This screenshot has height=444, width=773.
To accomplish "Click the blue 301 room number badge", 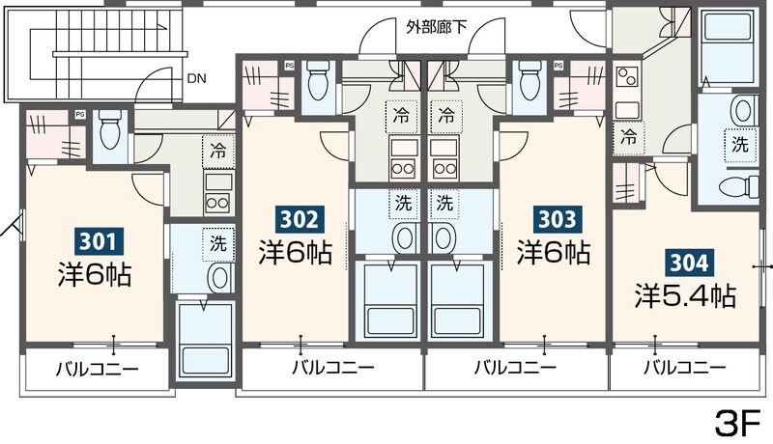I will (x=98, y=239).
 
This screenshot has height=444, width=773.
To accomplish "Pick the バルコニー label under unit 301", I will (x=97, y=368).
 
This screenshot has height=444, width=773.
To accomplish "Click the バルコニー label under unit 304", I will (x=685, y=368).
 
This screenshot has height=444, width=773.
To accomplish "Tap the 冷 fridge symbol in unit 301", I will (x=218, y=151).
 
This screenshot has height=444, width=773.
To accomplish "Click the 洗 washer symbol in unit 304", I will (x=739, y=146).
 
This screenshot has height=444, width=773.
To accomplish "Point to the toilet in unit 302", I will (x=318, y=84).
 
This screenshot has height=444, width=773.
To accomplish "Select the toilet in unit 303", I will (x=529, y=84).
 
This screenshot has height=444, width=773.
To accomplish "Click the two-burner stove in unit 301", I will (x=218, y=203).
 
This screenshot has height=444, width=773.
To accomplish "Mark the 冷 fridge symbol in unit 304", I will (x=629, y=137).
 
